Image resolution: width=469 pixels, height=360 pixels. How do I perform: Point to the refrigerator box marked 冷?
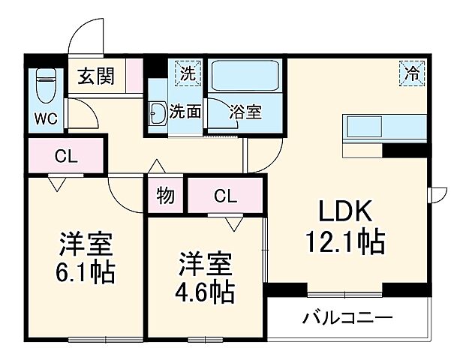tap(412, 73)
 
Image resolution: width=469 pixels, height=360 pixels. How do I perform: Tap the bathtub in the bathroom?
tap(245, 76)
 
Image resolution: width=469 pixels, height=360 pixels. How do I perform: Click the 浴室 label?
tap(245, 112)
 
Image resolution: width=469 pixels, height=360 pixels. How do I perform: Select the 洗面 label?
tap(185, 112)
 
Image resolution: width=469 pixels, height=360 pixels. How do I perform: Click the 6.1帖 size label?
tap(87, 271)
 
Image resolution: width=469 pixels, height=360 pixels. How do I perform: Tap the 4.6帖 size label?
tap(205, 290)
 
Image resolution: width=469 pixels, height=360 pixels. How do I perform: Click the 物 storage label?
tap(166, 196)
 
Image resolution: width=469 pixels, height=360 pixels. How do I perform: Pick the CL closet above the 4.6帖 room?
tap(226, 196)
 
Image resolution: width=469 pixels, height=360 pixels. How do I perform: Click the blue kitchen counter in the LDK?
tap(384, 127)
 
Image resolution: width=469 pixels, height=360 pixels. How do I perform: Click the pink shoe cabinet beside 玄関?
tap(134, 76)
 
